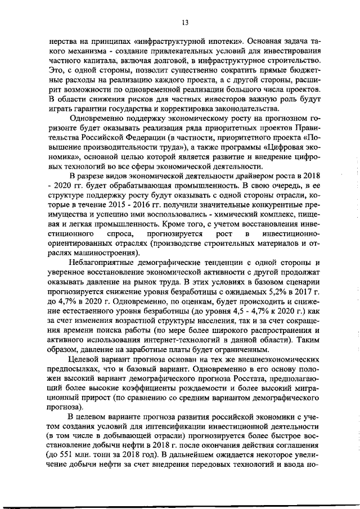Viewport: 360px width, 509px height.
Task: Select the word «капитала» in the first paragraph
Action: click(105, 60)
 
